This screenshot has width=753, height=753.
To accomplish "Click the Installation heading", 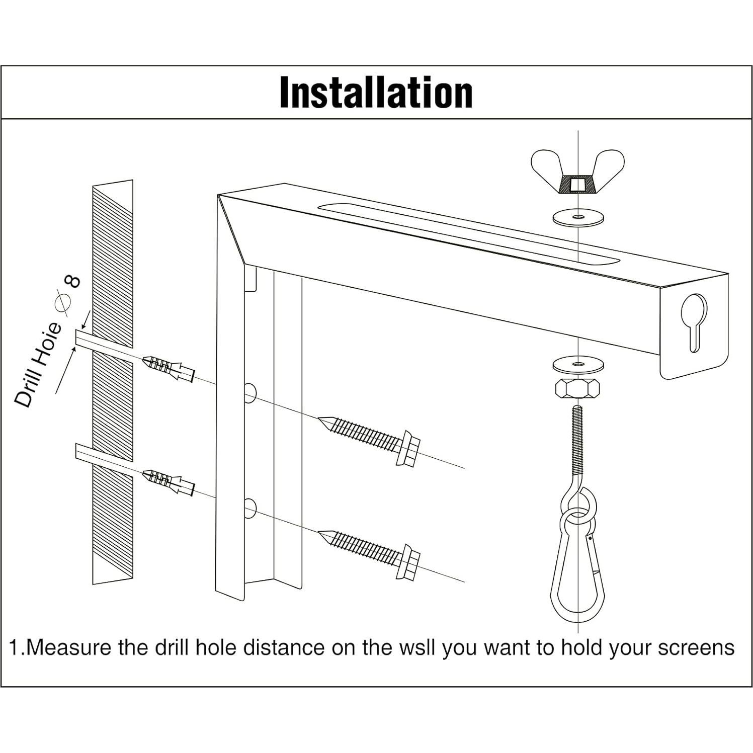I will pos(376,93).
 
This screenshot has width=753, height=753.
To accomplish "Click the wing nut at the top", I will pos(577,174).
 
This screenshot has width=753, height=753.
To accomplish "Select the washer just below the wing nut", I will pos(577,218).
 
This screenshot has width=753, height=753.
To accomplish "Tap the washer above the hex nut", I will pos(577,363).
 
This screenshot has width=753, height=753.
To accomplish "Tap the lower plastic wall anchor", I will pos(169,482).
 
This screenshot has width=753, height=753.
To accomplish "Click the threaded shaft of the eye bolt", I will pos(577,443).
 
